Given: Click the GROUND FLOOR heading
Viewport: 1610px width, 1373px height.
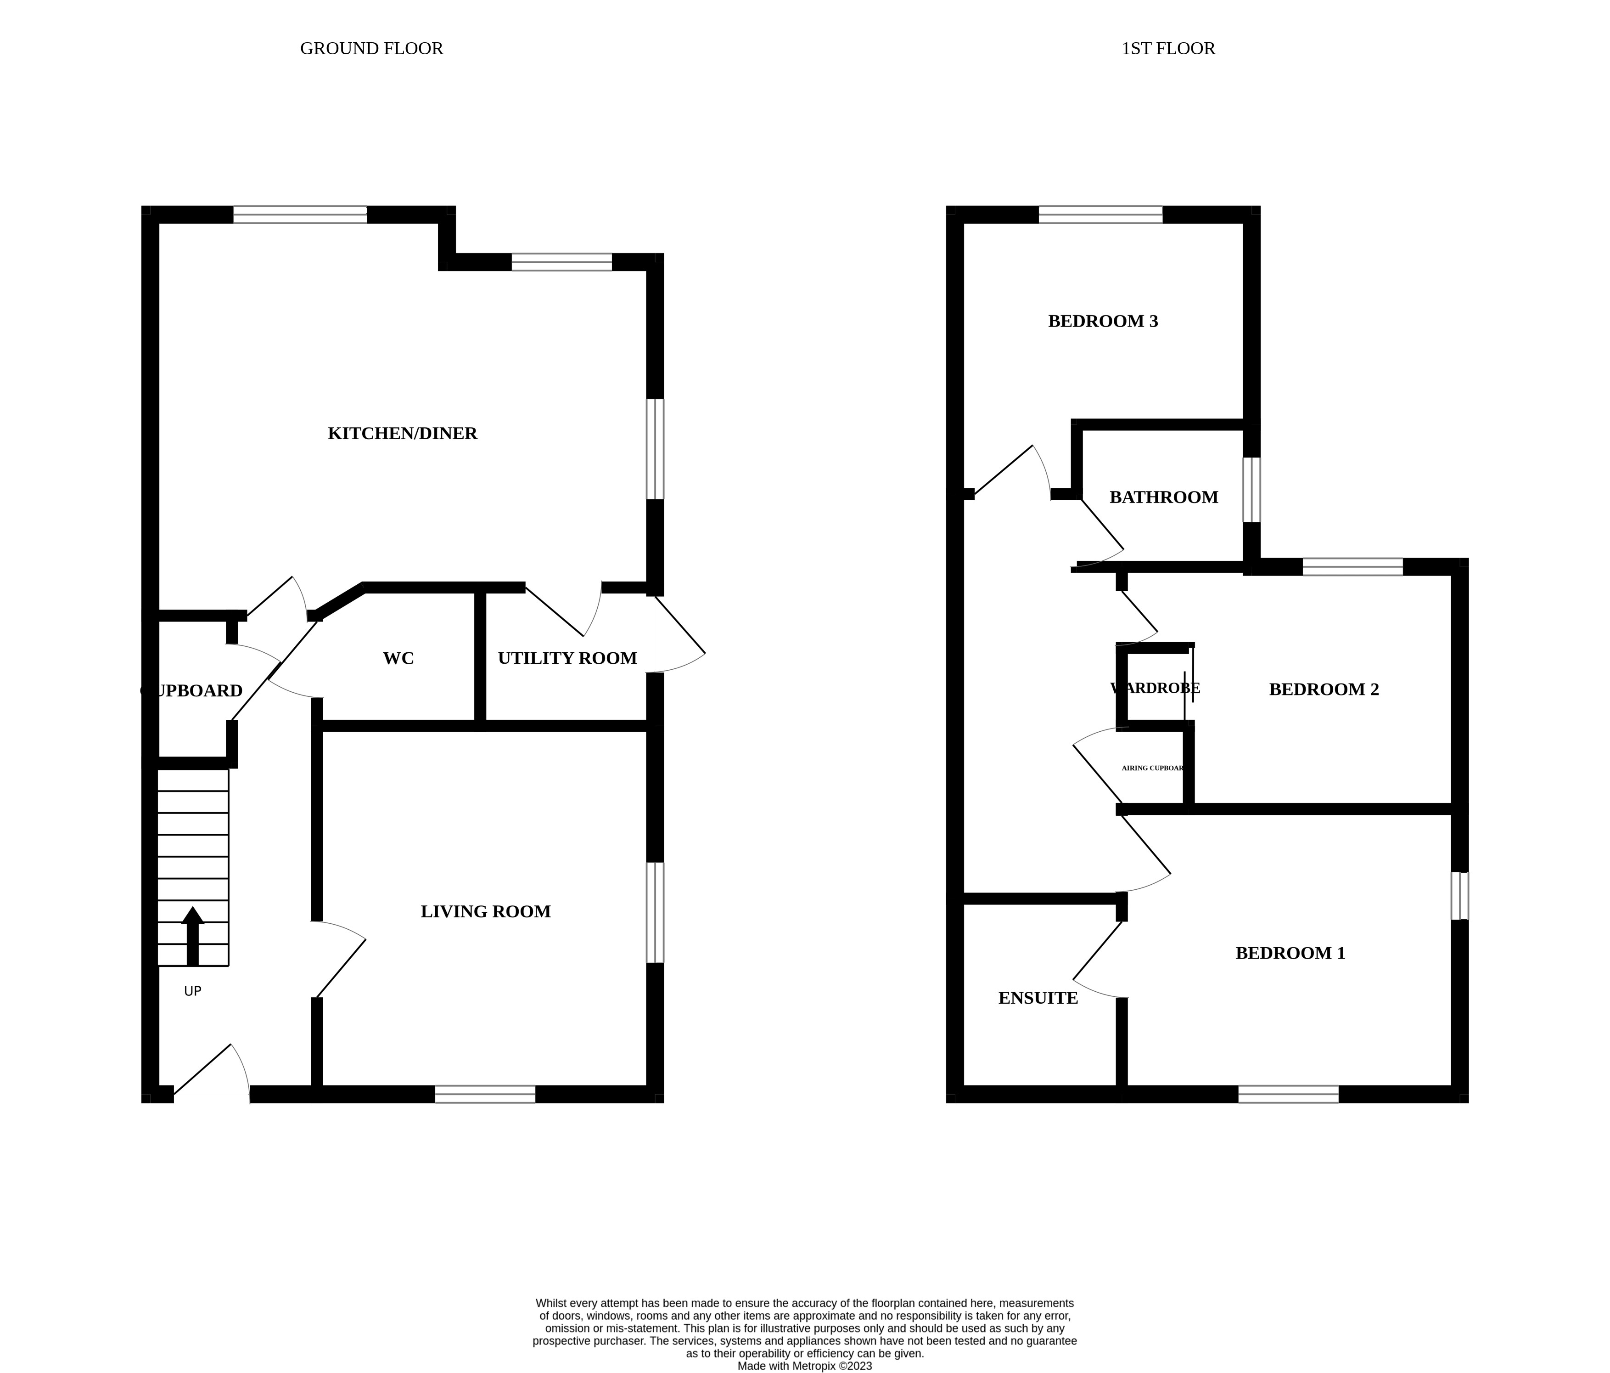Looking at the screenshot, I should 371,48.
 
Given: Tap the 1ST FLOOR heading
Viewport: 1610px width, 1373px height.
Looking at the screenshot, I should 1168,48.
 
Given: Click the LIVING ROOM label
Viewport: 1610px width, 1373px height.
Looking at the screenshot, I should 486,911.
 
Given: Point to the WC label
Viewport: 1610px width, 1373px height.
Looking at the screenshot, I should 398,659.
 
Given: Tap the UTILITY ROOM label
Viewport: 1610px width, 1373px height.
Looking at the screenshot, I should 567,659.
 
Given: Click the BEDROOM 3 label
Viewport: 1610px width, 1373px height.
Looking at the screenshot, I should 1103,321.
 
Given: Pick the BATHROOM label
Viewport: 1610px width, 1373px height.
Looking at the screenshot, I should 1163,497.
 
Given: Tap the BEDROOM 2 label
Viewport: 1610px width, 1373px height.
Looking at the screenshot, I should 1323,689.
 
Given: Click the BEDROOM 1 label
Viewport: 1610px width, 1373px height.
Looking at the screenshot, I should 1290,953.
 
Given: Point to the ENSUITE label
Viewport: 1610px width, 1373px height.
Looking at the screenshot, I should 1038,998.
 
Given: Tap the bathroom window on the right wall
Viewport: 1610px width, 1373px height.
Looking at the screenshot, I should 1251,490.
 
